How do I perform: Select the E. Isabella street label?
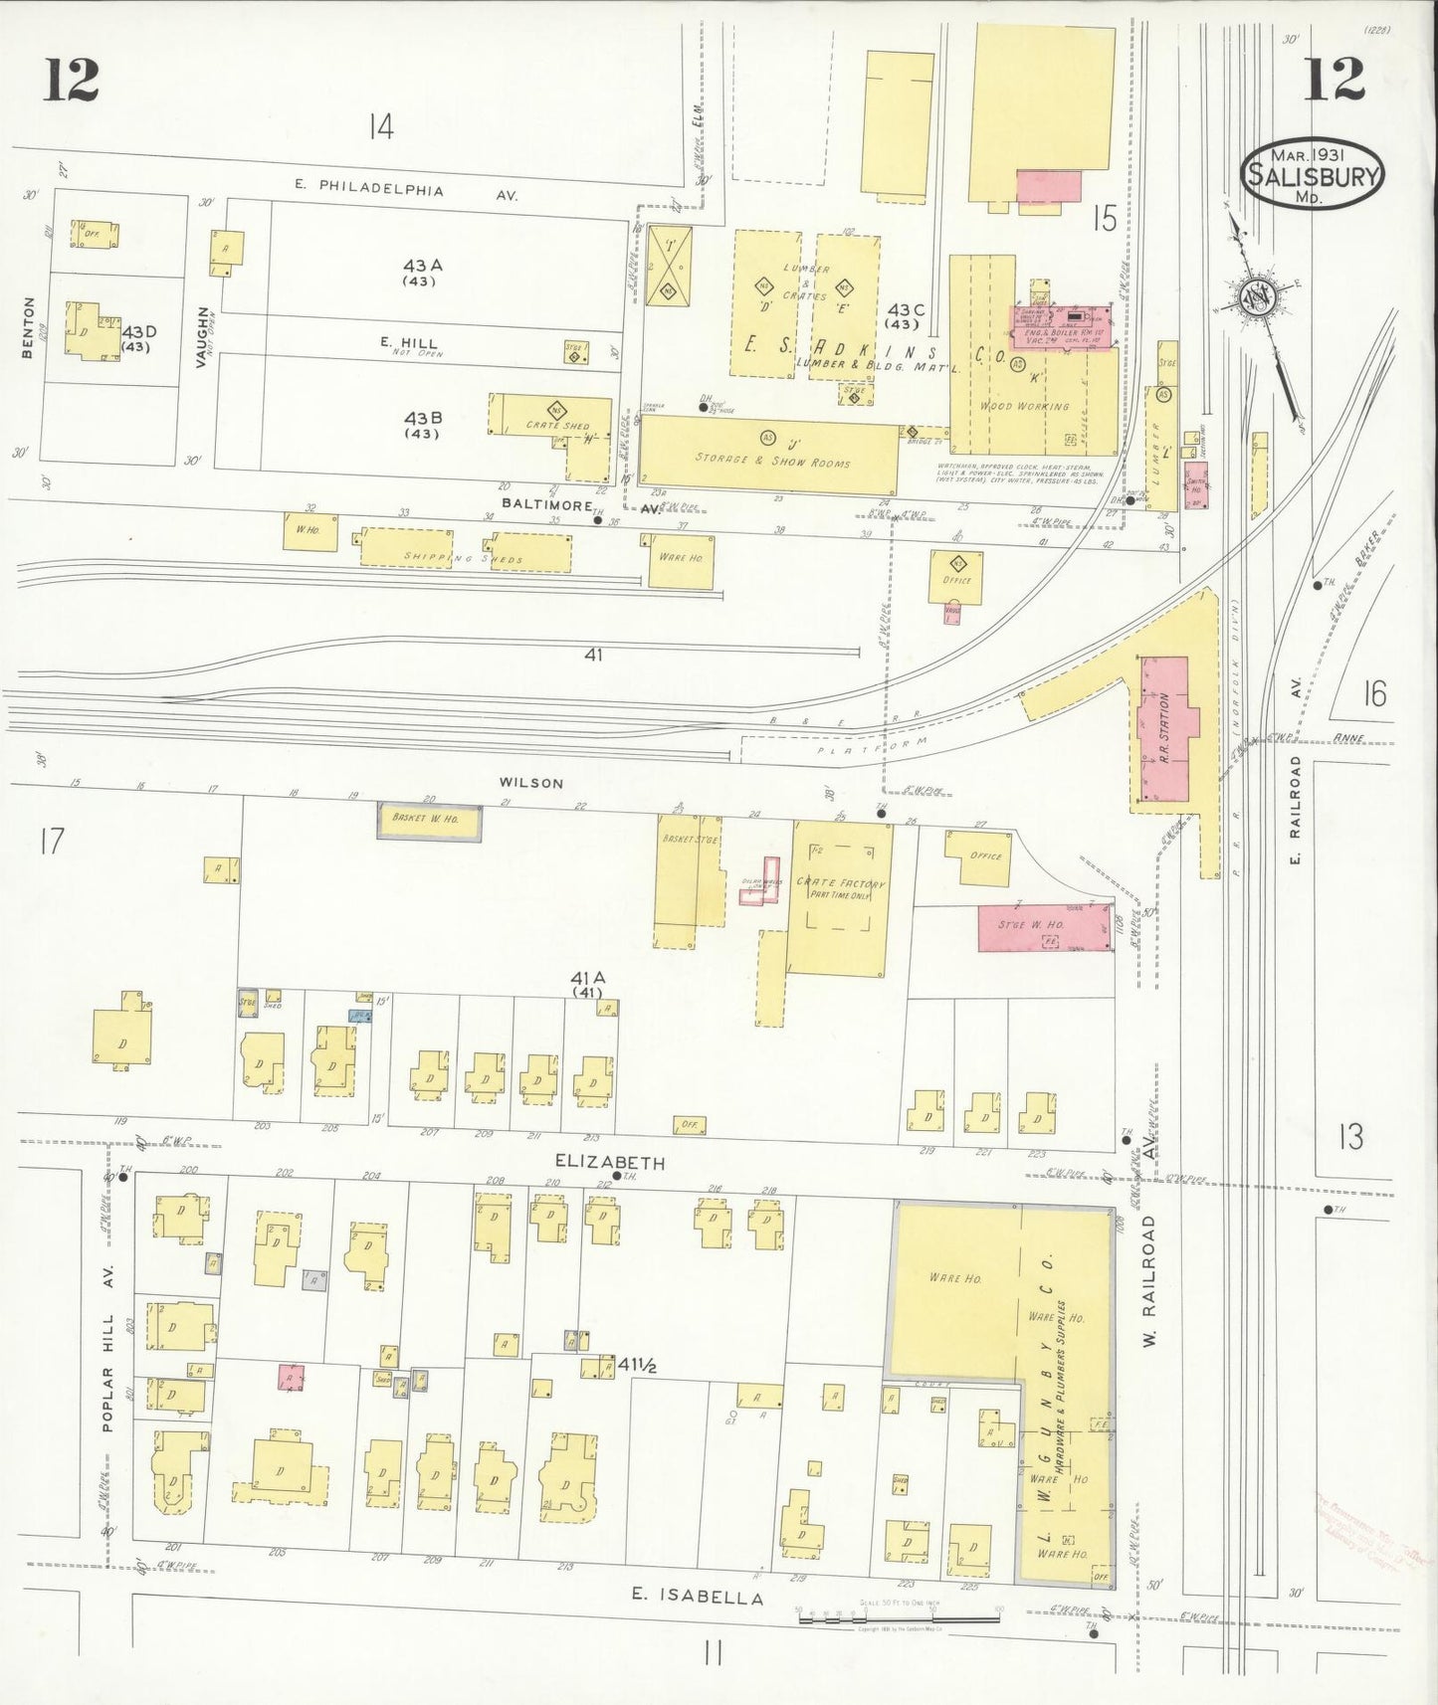(x=699, y=1598)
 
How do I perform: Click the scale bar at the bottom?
(x=898, y=1618)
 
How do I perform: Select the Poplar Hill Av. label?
(x=108, y=1347)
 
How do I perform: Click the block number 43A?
(x=423, y=267)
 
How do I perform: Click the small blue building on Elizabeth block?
(x=360, y=1016)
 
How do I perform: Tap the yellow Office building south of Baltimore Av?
(x=955, y=577)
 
